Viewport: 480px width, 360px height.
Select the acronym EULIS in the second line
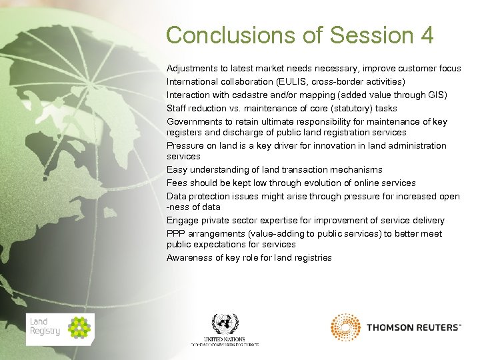[x=276, y=82]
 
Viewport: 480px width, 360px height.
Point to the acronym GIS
[x=437, y=95]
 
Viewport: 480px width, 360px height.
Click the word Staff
[x=177, y=109]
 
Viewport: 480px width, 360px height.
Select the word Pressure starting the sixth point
[x=184, y=146]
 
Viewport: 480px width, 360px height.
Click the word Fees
[x=177, y=183]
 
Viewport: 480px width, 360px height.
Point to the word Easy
[x=177, y=170]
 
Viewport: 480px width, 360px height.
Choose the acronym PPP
[x=177, y=234]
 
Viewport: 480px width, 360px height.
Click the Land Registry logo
[x=60, y=329]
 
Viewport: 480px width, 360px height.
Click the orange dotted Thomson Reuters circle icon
[x=345, y=327]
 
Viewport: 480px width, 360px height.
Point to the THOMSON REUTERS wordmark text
[x=413, y=327]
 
